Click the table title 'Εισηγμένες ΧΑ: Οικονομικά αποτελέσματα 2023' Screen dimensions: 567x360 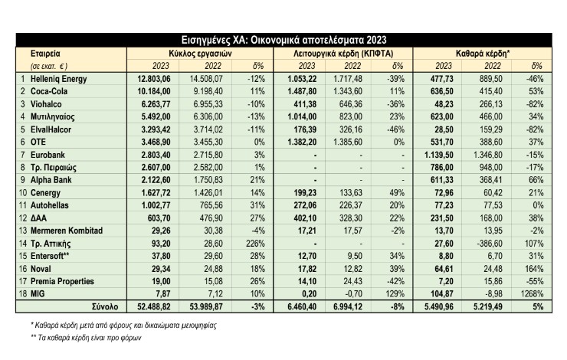[x=283, y=40]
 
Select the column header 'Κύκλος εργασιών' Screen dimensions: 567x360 [x=200, y=54]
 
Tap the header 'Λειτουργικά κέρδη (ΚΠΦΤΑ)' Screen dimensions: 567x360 [x=343, y=54]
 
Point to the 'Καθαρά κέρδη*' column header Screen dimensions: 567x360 [x=483, y=54]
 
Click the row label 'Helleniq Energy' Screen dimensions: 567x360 [x=58, y=79]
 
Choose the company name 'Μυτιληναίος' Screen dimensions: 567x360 [x=52, y=116]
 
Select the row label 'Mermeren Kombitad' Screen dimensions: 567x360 [x=67, y=231]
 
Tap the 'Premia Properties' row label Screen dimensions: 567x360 [x=62, y=281]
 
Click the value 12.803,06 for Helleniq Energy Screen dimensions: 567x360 [x=154, y=79]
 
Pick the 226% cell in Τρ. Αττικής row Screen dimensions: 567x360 [x=255, y=244]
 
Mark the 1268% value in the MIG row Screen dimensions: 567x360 [x=532, y=294]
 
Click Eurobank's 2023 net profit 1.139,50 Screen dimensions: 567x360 [x=438, y=155]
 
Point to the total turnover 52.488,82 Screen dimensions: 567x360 [x=154, y=307]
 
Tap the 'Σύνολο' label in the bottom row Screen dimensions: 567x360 [x=105, y=307]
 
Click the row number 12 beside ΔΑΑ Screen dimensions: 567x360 [x=23, y=218]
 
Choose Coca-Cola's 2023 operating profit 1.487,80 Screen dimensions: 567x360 [x=302, y=91]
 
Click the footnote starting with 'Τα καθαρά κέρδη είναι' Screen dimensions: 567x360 [x=86, y=338]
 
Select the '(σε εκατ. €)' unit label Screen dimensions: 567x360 [x=49, y=66]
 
